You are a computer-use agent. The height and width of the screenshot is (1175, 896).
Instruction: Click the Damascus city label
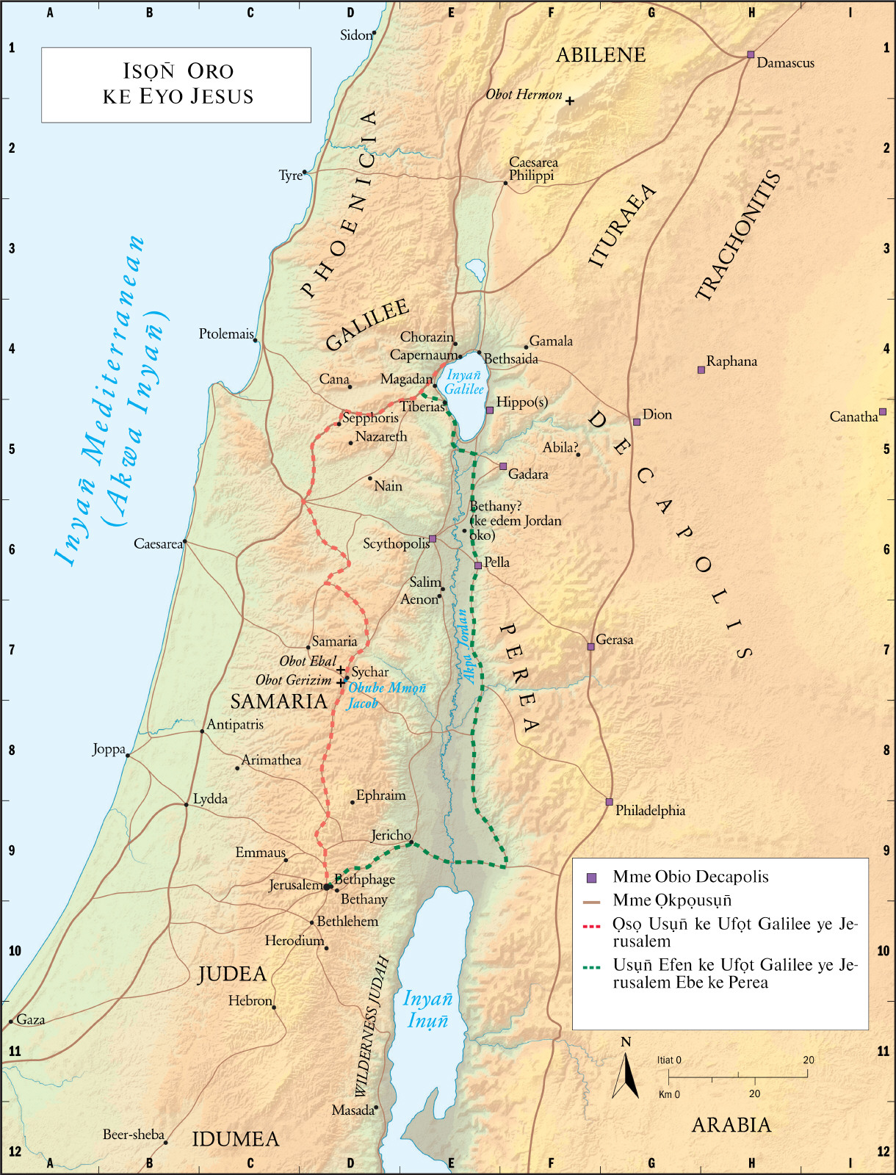pos(785,63)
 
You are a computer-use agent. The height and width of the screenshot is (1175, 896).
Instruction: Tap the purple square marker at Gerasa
pos(590,647)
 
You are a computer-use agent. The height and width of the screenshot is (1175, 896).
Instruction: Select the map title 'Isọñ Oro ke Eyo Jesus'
pos(178,84)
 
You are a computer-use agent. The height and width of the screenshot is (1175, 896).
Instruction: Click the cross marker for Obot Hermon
pos(569,101)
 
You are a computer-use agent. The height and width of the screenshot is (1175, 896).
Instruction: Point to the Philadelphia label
pos(650,811)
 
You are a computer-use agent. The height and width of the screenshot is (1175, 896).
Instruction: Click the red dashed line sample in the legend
pos(592,927)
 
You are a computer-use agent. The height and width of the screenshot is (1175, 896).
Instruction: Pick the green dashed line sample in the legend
pos(592,968)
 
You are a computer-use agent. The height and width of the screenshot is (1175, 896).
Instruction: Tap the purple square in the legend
pos(592,878)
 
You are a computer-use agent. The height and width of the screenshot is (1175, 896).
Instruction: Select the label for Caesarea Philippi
pos(533,169)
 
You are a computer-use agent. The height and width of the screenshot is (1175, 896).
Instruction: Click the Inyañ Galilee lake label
pos(464,383)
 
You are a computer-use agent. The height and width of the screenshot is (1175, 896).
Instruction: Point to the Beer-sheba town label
pos(133,1135)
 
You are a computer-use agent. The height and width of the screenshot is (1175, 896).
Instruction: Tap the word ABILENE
pos(601,55)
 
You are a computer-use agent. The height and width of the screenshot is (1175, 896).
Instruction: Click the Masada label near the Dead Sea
pos(353,1110)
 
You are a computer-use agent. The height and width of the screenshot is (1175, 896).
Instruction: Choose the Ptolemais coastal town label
pos(225,334)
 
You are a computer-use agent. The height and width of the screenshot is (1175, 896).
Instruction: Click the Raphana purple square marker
pos(701,370)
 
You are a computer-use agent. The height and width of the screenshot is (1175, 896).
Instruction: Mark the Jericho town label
pos(390,835)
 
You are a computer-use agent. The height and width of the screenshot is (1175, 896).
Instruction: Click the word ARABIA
pos(731,1125)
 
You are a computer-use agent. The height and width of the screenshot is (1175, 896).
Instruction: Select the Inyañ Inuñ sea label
pos(427,1010)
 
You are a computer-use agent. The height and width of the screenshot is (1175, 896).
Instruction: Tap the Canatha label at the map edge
pos(853,417)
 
